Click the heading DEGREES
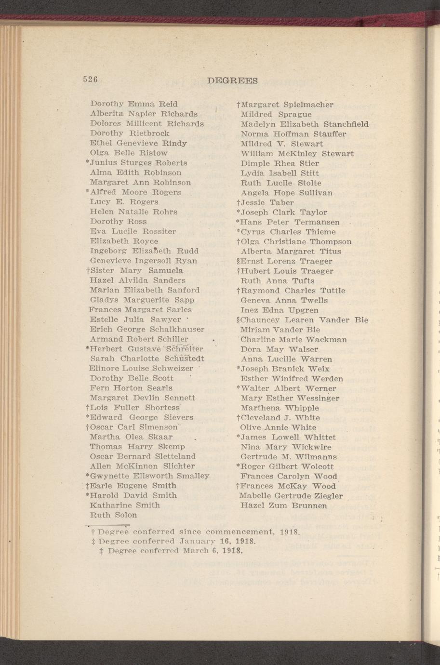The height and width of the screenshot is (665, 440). [232, 80]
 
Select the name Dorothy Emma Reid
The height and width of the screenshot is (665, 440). [134, 104]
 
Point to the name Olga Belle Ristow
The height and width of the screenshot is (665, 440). [129, 153]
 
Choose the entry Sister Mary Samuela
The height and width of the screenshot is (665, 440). [139, 270]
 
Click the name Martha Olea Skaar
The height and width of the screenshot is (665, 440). [131, 437]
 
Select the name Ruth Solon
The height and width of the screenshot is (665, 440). [113, 515]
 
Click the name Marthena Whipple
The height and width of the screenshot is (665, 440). [280, 408]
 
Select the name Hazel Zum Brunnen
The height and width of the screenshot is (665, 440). [283, 505]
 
